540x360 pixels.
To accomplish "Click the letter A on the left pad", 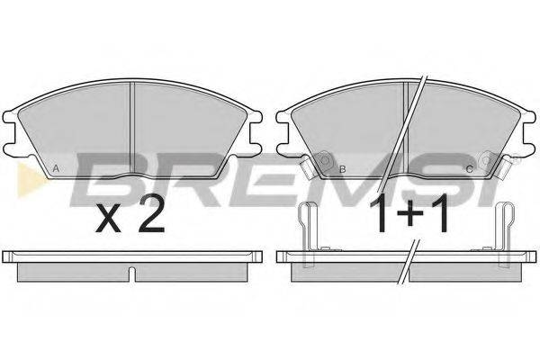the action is (57, 169).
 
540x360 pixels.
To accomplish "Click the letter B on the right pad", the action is (342, 169).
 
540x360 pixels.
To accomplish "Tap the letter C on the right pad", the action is (469, 169).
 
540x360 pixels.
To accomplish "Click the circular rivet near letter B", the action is (325, 160).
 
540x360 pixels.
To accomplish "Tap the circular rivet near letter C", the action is (486, 160).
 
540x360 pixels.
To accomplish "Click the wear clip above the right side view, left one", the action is (307, 234).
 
